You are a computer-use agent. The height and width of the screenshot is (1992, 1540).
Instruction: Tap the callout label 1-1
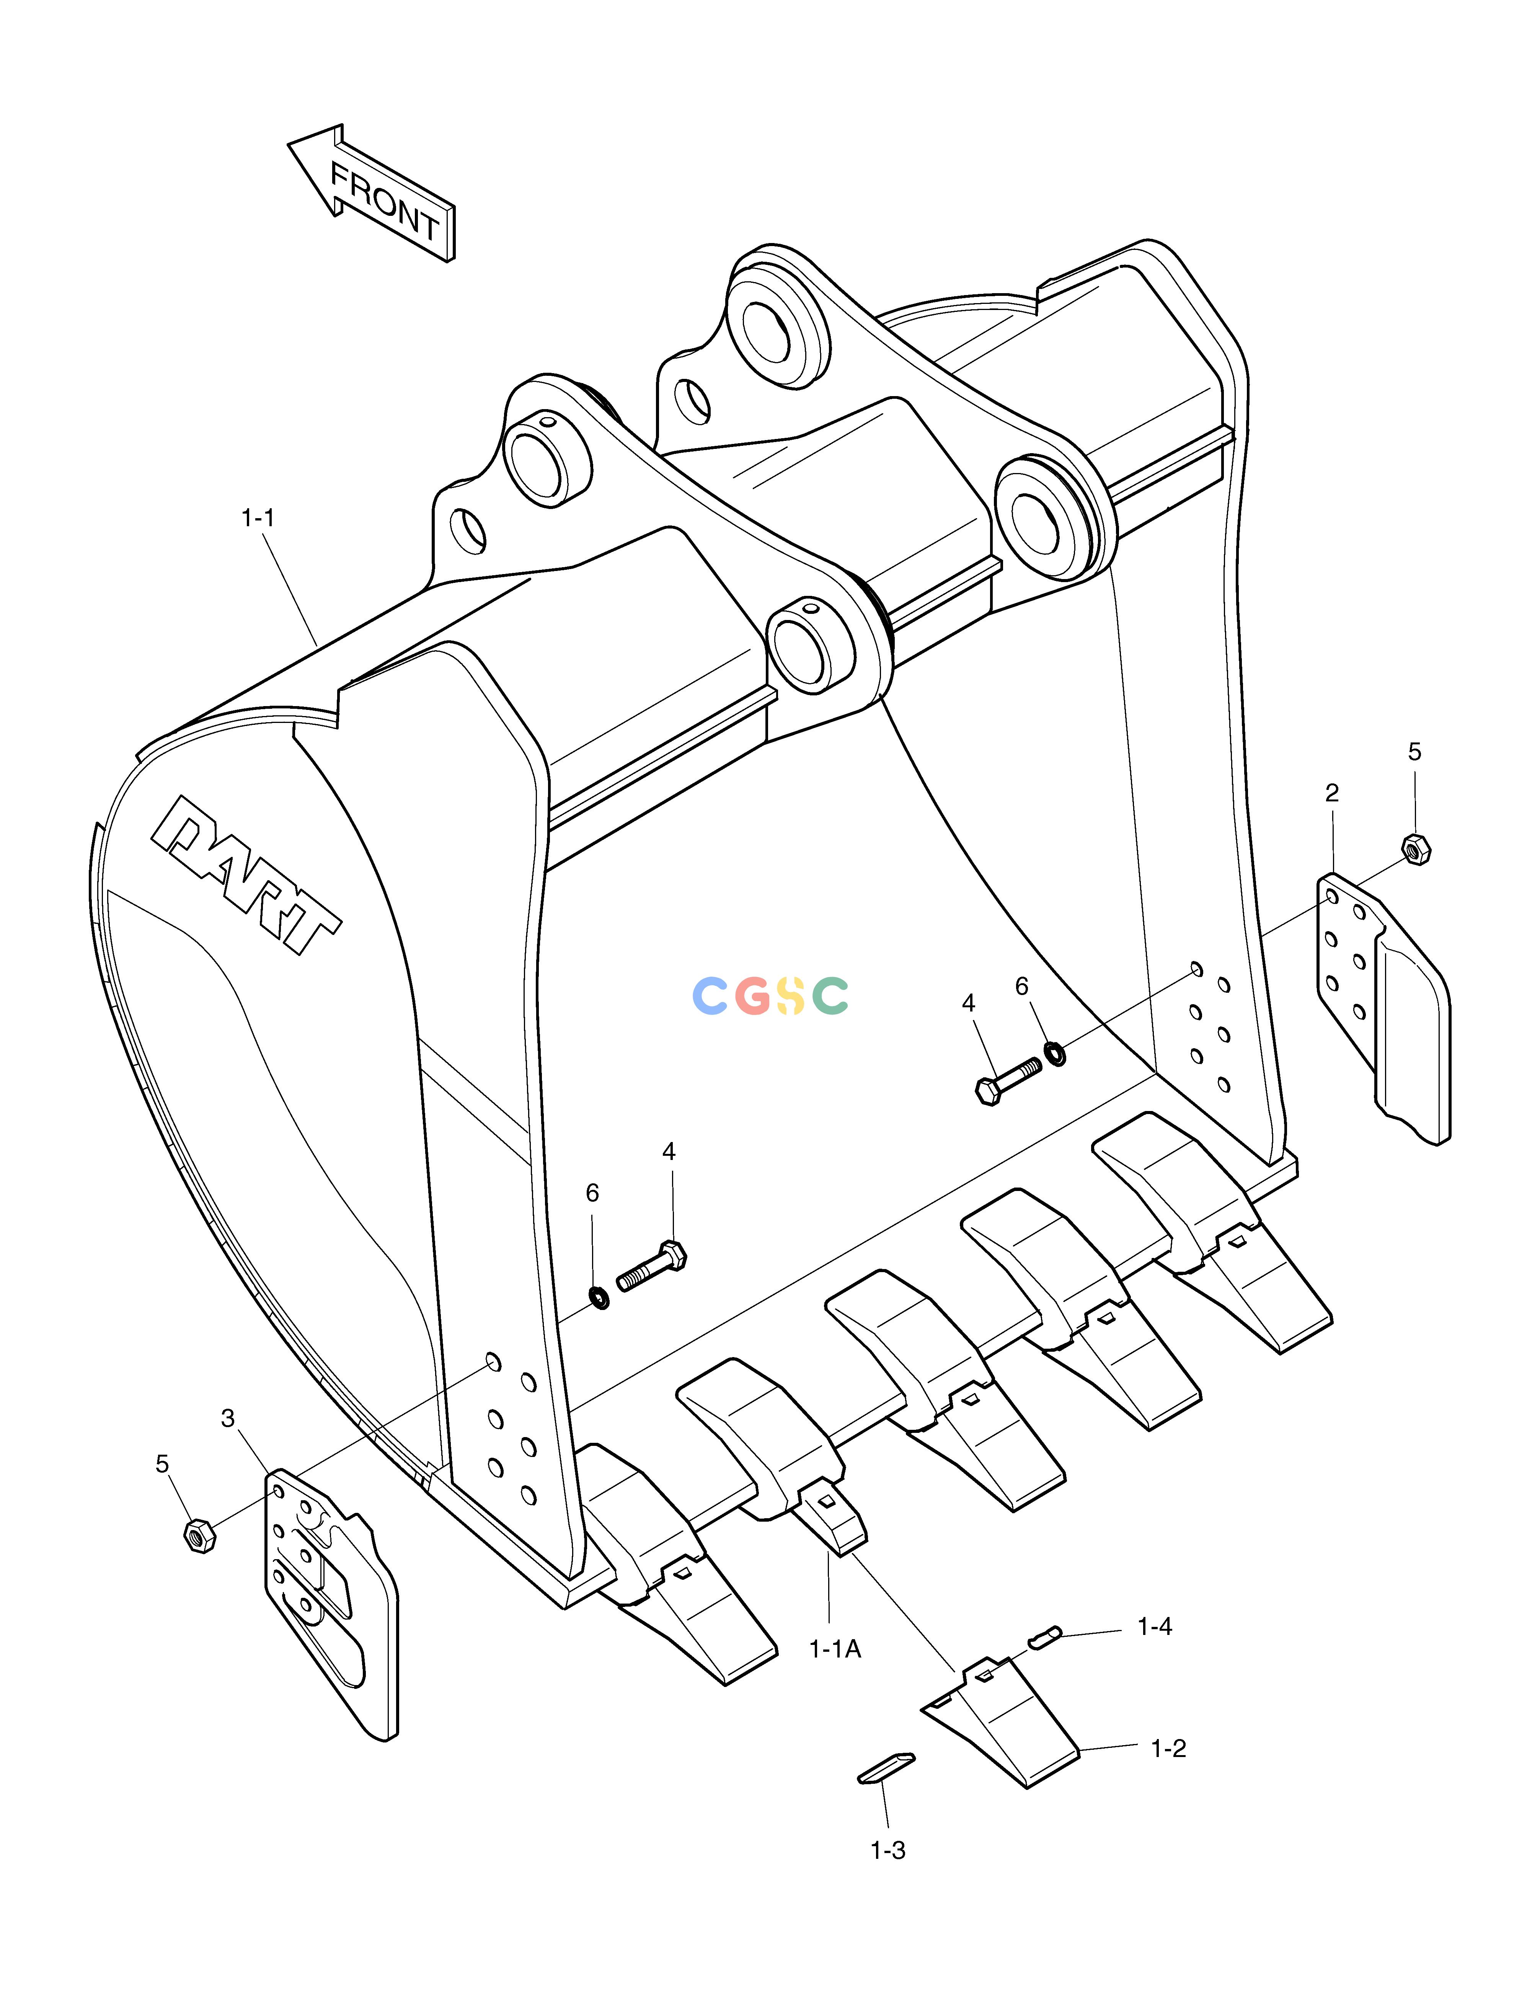pyautogui.click(x=258, y=518)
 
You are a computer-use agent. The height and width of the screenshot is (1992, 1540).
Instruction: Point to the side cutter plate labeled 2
pyautogui.click(x=1382, y=1008)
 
